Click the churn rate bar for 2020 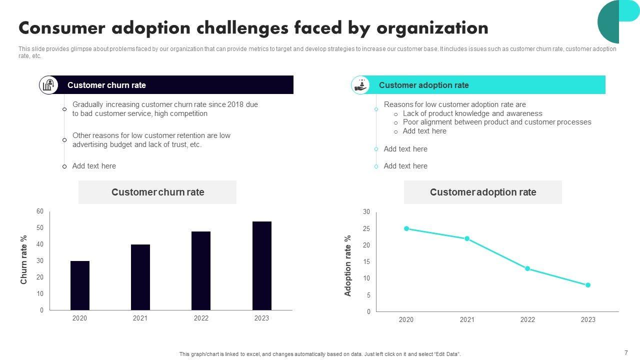click(x=80, y=285)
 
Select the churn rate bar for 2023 click(x=262, y=265)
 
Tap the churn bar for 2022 click(x=201, y=270)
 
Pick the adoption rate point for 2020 click(x=406, y=228)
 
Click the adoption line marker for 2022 click(x=527, y=268)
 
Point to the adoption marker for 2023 click(x=588, y=285)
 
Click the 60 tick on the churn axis click(x=40, y=211)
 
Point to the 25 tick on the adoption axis click(x=366, y=229)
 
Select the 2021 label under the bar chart click(x=140, y=318)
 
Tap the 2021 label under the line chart click(x=467, y=320)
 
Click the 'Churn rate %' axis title click(x=23, y=259)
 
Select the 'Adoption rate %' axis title click(x=348, y=265)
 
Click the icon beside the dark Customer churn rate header click(x=48, y=85)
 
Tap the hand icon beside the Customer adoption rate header click(x=360, y=85)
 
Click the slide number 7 click(x=626, y=352)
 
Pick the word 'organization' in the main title click(x=432, y=28)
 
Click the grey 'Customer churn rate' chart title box click(x=157, y=192)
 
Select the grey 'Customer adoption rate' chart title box click(x=482, y=192)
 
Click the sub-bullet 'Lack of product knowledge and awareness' click(x=472, y=113)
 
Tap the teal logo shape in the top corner click(x=618, y=20)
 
